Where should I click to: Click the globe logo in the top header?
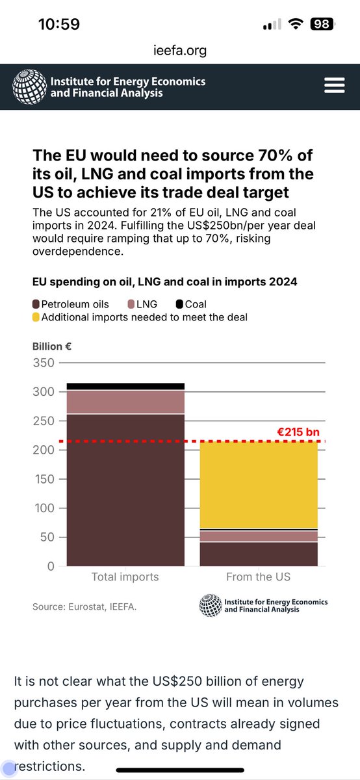[29, 86]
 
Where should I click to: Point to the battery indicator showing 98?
[322, 25]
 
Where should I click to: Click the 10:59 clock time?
[59, 25]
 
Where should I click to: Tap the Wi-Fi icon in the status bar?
[297, 25]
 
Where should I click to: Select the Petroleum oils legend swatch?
[36, 304]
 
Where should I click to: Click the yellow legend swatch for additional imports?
[36, 317]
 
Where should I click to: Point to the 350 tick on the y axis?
[44, 363]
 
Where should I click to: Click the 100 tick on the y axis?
[44, 508]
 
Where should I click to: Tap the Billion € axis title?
[51, 347]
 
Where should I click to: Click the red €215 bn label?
[299, 432]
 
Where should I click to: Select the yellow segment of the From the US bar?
[258, 484]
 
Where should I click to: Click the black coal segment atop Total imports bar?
[125, 386]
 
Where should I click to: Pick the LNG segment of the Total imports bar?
[125, 402]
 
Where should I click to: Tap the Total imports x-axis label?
[125, 577]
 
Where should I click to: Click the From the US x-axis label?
[258, 577]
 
